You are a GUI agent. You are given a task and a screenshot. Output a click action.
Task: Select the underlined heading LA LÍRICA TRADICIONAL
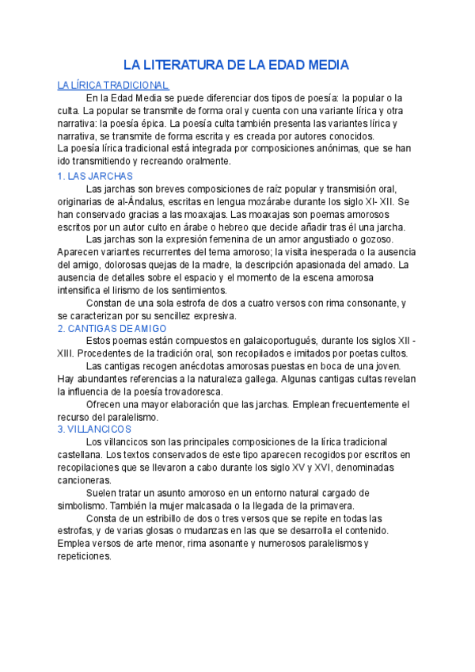pos(113,85)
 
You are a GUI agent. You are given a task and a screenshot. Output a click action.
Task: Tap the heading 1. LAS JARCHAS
pos(96,176)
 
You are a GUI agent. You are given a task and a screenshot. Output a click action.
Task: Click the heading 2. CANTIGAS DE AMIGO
pos(112,327)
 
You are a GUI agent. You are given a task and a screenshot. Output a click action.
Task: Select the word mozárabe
pos(268,201)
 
